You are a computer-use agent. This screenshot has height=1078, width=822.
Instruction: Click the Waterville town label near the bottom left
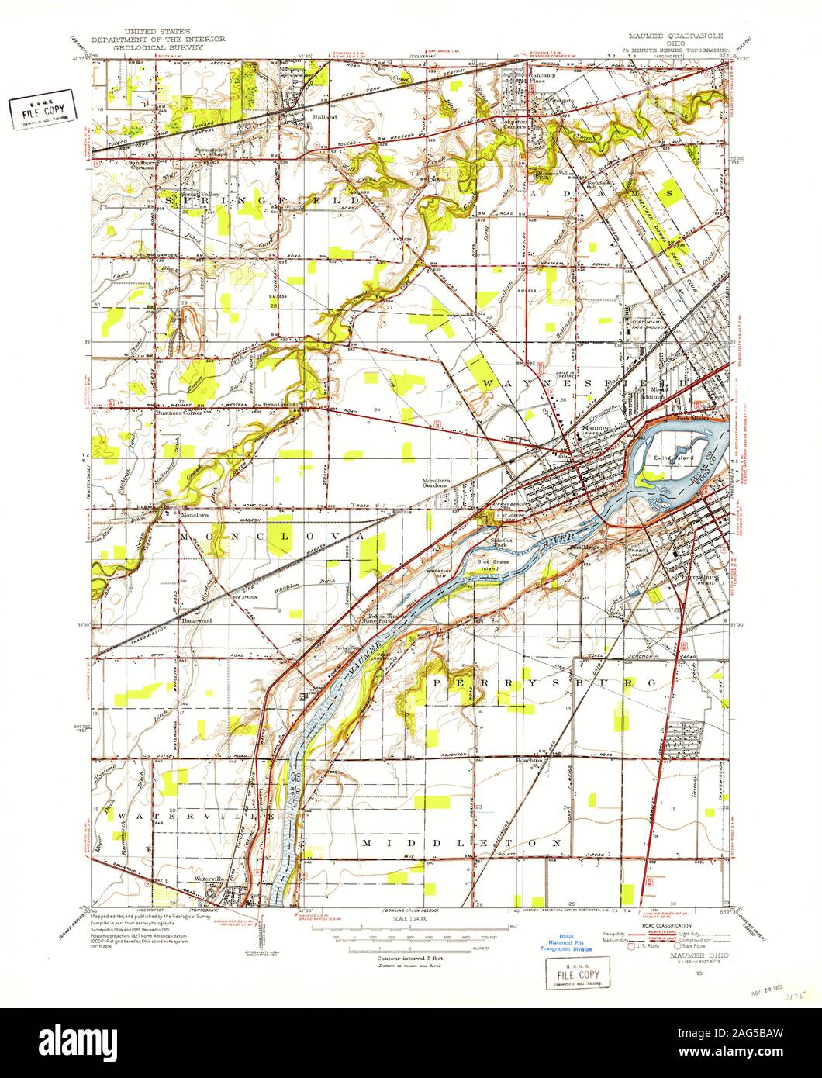point(209,879)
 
